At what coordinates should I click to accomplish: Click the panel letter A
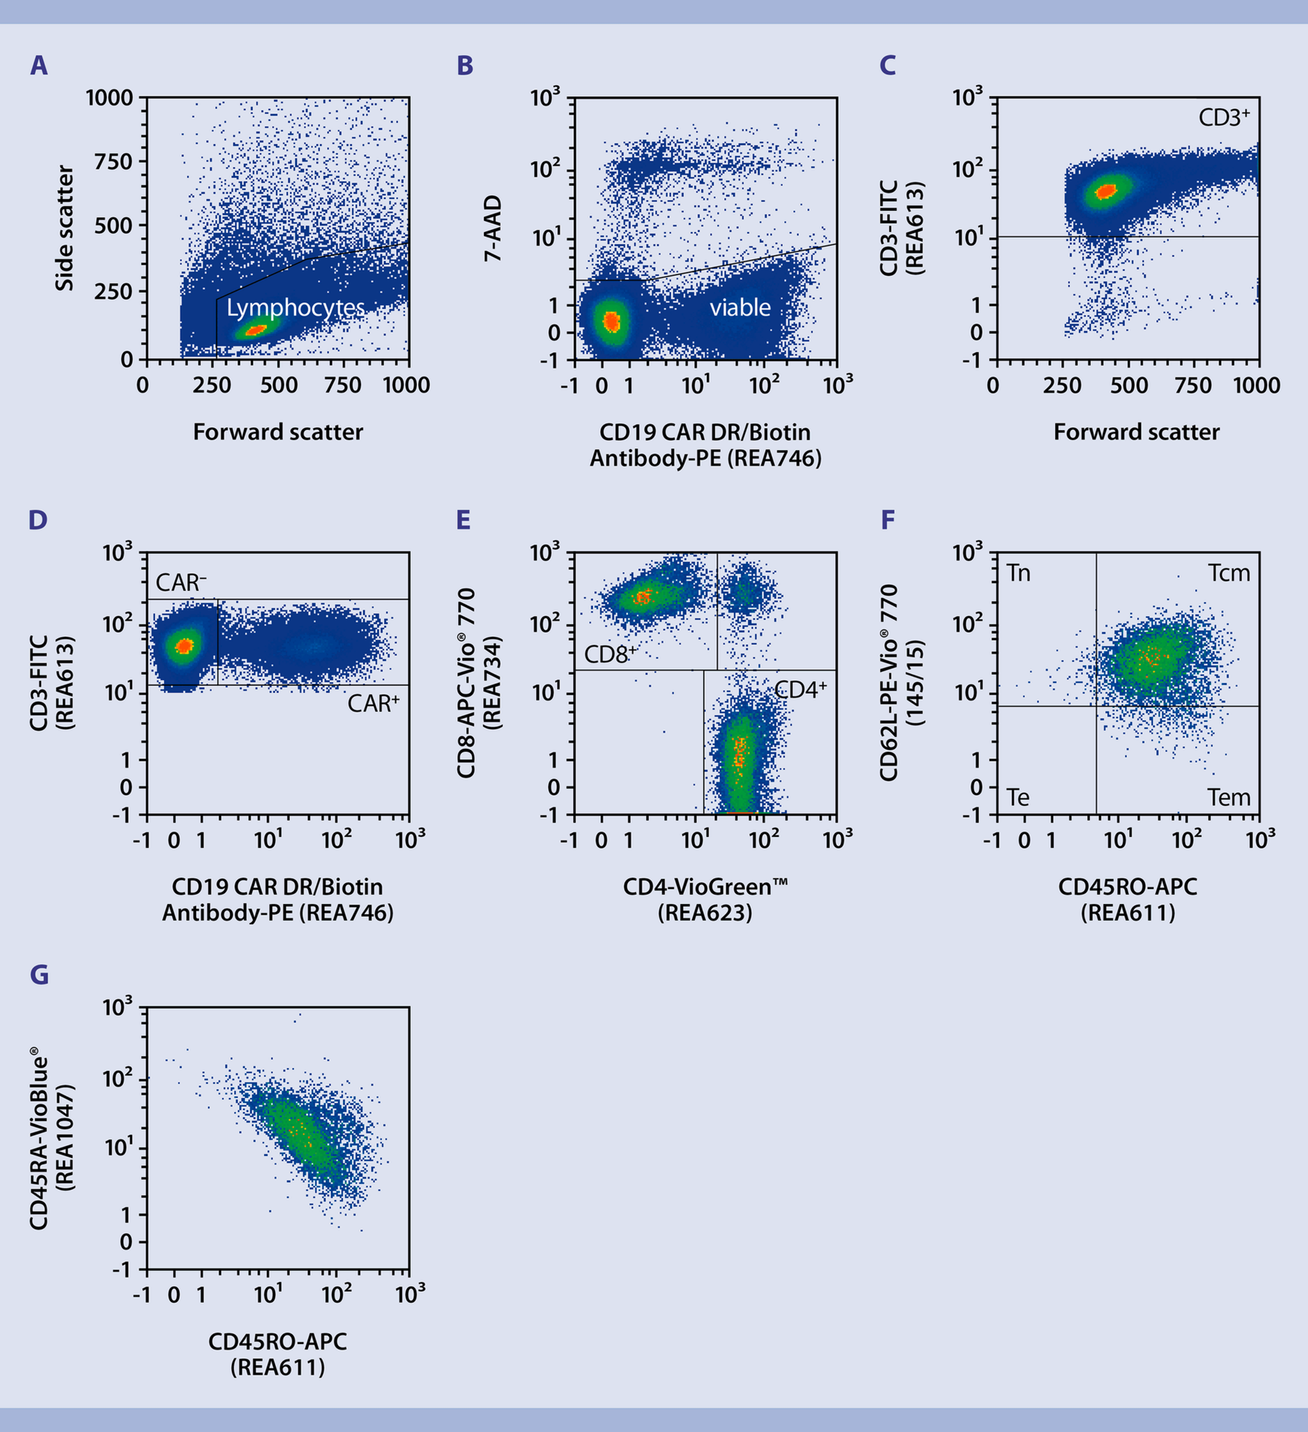pos(39,66)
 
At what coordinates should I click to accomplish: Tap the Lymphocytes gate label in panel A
pos(295,307)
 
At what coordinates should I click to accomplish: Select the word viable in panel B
pos(740,307)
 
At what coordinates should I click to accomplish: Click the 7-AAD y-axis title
pos(493,228)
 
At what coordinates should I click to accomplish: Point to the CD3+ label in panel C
pos(1224,117)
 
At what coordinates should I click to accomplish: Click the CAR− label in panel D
pos(181,582)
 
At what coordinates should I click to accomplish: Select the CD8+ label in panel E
pos(610,655)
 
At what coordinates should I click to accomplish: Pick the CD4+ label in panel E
pos(800,690)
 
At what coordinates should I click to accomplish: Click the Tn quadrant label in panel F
pos(1019,573)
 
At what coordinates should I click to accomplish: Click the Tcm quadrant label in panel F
pos(1228,573)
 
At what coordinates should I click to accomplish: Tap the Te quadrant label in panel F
pos(1018,797)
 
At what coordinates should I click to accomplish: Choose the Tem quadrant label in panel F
pos(1228,797)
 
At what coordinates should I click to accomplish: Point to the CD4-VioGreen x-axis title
pos(705,887)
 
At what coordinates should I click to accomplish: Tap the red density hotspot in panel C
pos(1106,190)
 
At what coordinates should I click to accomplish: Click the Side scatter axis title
pos(65,228)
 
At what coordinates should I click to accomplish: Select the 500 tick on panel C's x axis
pos(1129,386)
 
